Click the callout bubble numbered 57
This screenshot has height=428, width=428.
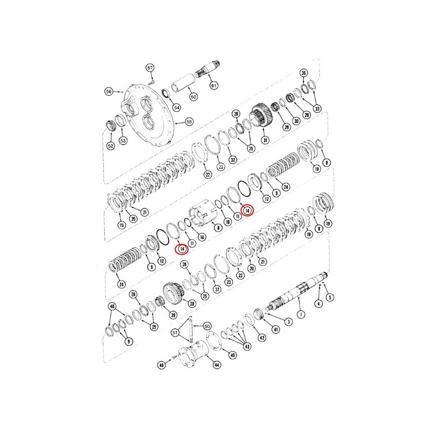pos(150,68)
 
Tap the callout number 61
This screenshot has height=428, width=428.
pos(213,86)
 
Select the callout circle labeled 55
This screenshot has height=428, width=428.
pos(189,122)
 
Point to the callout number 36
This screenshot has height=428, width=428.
pos(303,73)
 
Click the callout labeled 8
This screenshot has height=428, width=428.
pos(218,227)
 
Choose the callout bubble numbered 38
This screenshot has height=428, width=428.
pos(192,303)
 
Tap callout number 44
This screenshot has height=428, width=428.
pos(217,365)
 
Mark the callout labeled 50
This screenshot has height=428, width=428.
pos(207,326)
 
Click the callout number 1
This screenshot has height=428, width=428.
pos(301,315)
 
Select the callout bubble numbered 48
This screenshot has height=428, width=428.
pos(162,365)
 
